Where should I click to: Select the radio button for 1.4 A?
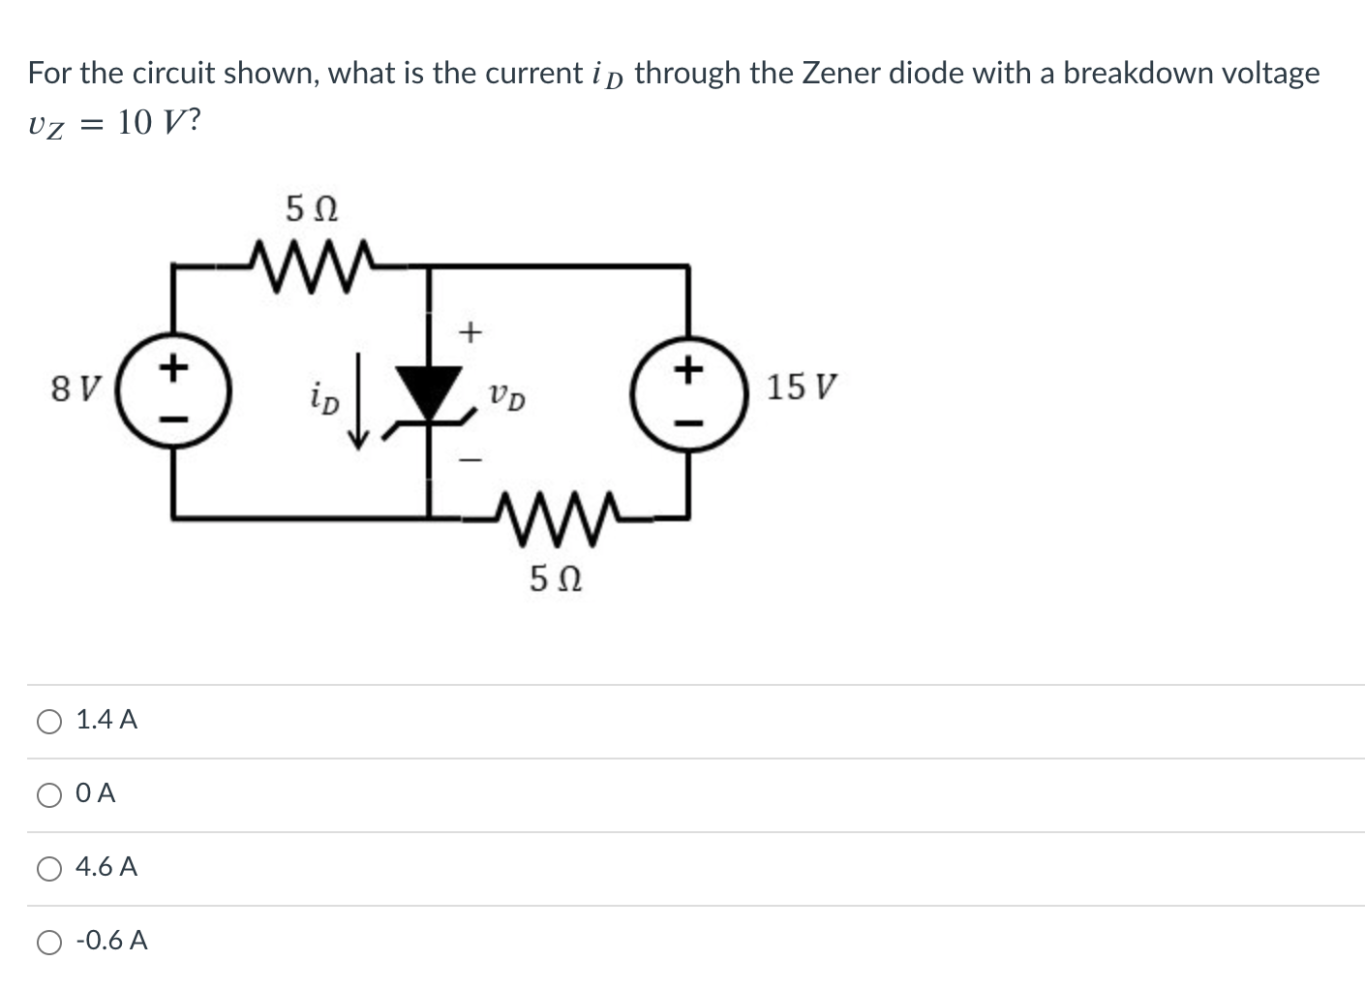[x=49, y=721]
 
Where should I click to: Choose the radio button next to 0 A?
[x=49, y=794]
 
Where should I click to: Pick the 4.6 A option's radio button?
[x=49, y=869]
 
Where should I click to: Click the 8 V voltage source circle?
[x=173, y=391]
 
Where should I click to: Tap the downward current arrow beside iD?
[x=359, y=401]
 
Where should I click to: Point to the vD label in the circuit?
[x=506, y=397]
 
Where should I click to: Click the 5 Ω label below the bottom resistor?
[x=556, y=579]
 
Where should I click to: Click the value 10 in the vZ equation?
[x=136, y=123]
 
